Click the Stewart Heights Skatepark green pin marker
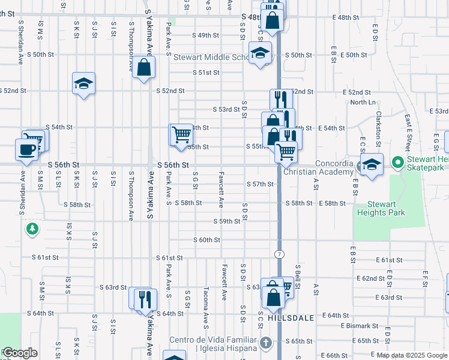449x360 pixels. [x=397, y=163]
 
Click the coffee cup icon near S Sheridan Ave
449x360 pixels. [x=26, y=150]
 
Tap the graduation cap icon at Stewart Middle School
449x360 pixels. [x=261, y=54]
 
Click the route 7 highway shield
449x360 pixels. [x=279, y=254]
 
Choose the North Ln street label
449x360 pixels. [x=363, y=103]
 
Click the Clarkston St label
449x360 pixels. [x=379, y=128]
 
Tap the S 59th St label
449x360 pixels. [x=227, y=221]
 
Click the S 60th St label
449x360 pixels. [x=206, y=240]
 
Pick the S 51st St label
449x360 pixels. [x=206, y=73]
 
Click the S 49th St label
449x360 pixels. [x=206, y=35]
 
